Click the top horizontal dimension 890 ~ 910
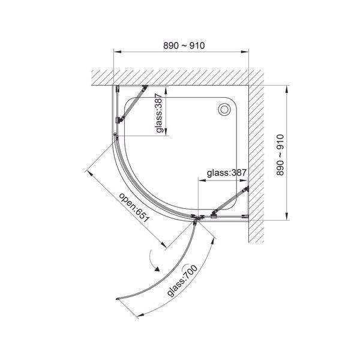click(184, 46)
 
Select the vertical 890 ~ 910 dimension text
click(280, 155)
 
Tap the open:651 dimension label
click(134, 208)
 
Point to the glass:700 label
click(182, 281)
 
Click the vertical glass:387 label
click(159, 113)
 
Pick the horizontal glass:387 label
click(227, 173)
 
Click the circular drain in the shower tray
click(224, 110)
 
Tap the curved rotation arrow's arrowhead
click(157, 269)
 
